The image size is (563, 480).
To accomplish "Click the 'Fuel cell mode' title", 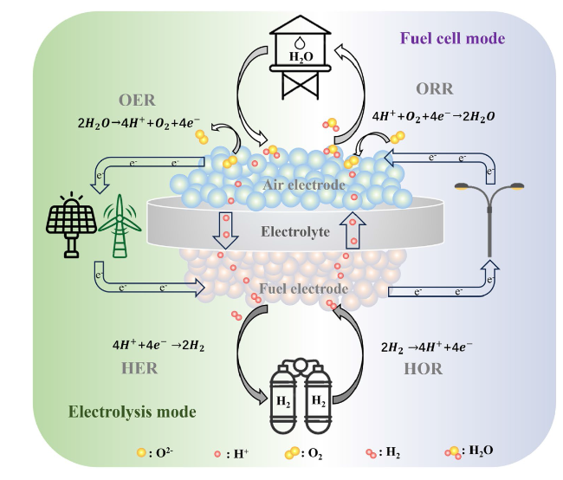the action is (x=452, y=38).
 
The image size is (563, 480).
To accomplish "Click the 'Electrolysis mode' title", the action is (x=133, y=412).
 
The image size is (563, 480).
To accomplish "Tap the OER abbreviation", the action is (x=137, y=100).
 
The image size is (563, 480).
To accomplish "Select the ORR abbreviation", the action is (x=435, y=88).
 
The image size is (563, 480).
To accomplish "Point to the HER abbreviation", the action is (x=139, y=368).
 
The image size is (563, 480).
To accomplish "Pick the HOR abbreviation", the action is (x=423, y=369).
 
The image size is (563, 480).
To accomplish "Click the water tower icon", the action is (x=301, y=57).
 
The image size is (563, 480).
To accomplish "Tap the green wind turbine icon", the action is (x=120, y=226).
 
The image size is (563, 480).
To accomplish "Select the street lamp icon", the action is (x=489, y=219).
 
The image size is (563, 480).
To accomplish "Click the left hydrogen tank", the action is (x=283, y=399).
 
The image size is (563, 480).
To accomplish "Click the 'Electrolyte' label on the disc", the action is (x=295, y=231).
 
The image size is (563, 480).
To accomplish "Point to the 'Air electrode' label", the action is (x=304, y=185).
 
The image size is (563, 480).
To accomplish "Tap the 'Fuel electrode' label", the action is (x=304, y=289).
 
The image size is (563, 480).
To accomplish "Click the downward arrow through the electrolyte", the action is (x=225, y=230).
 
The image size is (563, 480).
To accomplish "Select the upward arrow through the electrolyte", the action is (x=353, y=230).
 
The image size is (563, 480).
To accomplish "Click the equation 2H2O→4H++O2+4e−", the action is (x=139, y=123).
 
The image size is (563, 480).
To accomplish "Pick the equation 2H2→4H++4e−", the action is (x=426, y=347).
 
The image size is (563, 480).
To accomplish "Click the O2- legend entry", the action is (x=155, y=452).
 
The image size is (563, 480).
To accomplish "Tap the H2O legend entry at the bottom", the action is (x=469, y=452).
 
